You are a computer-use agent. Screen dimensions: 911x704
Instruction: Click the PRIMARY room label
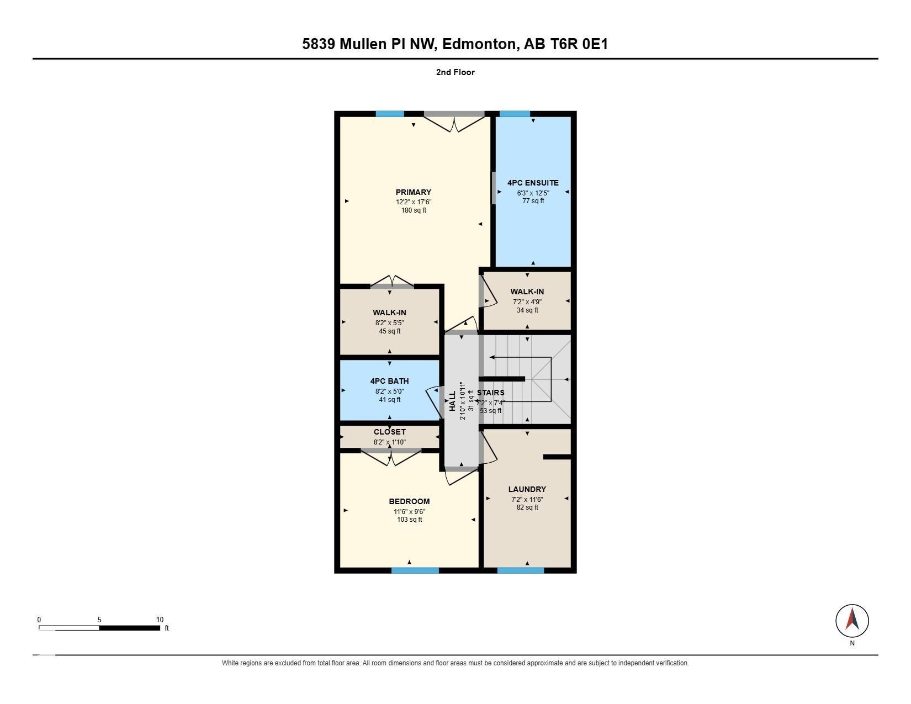pos(414,192)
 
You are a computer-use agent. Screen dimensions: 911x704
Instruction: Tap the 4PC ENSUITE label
pos(533,183)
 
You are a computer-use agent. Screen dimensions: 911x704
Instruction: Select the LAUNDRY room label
pos(527,489)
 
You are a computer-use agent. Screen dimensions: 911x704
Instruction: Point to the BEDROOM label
pos(409,501)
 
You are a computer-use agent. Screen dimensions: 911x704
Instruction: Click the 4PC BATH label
pos(389,381)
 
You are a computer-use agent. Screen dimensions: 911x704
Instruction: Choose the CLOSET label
pos(389,431)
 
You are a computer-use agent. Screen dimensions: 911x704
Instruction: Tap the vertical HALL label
pos(452,401)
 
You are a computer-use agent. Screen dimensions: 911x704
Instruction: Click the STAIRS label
pos(490,393)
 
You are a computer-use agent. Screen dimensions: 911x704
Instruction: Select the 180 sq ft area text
pos(414,210)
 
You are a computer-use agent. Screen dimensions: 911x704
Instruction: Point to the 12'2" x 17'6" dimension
pos(414,202)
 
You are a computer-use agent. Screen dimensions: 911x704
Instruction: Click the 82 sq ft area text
pos(527,507)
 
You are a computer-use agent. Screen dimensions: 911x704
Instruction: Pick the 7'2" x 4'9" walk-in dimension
pos(527,301)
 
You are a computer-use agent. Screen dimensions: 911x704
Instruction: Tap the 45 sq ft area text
pos(389,331)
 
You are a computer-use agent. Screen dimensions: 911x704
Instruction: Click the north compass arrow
pos(852,620)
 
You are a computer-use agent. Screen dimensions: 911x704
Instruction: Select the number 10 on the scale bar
pos(160,620)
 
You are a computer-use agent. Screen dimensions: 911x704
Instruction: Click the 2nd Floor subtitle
pos(455,72)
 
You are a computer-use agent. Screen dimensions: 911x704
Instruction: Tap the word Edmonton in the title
pos(479,44)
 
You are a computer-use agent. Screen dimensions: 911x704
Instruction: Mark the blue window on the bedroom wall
pos(415,570)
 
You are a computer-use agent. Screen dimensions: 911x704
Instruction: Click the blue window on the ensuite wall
pos(515,114)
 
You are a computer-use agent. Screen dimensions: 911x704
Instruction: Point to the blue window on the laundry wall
pos(520,570)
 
